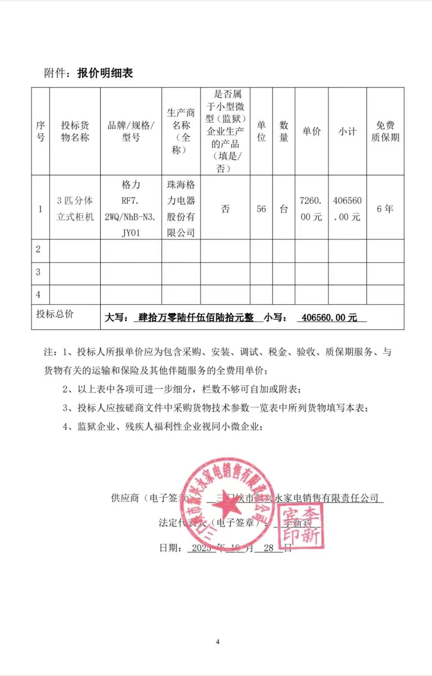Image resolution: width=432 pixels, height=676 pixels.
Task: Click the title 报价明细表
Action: (x=105, y=73)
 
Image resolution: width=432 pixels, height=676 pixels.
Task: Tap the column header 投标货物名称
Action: (x=75, y=131)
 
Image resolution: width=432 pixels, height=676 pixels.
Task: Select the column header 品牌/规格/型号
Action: (x=131, y=131)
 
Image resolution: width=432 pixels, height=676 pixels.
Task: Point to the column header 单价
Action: (x=311, y=131)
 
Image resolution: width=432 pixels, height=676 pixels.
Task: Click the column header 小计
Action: (x=347, y=131)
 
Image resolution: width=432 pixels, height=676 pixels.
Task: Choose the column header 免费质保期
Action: (x=385, y=131)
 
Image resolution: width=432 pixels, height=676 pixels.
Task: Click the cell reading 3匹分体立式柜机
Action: (x=75, y=208)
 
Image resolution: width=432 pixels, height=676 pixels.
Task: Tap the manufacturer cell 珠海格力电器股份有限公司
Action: (x=181, y=208)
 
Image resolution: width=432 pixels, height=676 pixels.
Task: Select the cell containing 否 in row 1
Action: (x=225, y=209)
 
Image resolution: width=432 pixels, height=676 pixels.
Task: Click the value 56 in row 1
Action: (x=261, y=209)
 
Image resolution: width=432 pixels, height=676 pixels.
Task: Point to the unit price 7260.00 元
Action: (x=311, y=209)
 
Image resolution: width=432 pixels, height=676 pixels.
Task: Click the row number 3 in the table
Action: (x=38, y=272)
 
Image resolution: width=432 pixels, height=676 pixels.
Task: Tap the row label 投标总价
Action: (x=55, y=314)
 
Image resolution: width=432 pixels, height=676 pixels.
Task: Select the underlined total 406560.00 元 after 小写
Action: (x=329, y=317)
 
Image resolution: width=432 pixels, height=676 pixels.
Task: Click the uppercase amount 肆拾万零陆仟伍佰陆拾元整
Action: (x=196, y=317)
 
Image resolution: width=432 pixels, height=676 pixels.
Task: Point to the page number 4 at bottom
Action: (x=217, y=642)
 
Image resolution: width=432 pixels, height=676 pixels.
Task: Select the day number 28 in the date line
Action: (x=268, y=548)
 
